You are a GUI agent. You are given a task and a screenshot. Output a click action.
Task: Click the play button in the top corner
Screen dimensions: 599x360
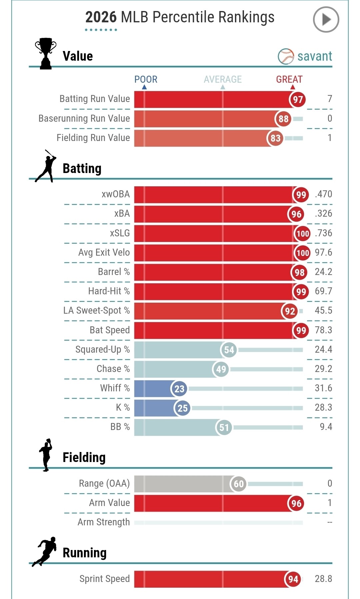click(326, 20)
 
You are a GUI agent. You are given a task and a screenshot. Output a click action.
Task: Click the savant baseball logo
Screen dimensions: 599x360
click(286, 56)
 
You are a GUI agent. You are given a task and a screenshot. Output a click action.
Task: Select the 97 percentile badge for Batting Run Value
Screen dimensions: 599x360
click(298, 99)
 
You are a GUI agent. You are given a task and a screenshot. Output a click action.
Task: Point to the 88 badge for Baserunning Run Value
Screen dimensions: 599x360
click(283, 119)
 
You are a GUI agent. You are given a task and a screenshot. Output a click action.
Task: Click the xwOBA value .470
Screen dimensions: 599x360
click(323, 194)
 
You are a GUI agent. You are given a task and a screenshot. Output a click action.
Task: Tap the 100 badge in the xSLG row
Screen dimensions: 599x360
click(302, 233)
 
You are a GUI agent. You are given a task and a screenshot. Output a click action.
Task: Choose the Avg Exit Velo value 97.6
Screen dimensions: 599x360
click(323, 252)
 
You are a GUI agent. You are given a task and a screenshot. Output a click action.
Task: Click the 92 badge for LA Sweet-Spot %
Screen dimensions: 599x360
click(290, 311)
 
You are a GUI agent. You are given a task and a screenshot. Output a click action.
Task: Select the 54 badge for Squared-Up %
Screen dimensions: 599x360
click(229, 350)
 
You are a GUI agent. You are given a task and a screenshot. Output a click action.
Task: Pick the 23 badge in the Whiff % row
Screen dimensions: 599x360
click(179, 389)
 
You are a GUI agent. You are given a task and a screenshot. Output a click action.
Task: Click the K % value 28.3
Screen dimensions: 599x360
click(323, 407)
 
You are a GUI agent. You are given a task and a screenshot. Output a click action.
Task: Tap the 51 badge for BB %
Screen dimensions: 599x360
click(224, 427)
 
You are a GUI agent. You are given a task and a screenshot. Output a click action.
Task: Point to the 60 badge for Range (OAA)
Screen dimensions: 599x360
click(239, 484)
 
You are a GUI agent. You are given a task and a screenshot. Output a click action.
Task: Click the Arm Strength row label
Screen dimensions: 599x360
click(104, 522)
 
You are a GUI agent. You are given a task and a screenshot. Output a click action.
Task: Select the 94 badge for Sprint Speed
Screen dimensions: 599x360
click(293, 579)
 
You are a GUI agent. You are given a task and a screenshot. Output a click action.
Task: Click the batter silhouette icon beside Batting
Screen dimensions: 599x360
click(46, 166)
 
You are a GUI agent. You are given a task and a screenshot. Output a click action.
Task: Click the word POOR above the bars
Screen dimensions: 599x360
click(146, 79)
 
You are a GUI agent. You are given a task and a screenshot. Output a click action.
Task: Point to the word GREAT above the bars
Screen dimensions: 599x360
click(289, 79)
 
